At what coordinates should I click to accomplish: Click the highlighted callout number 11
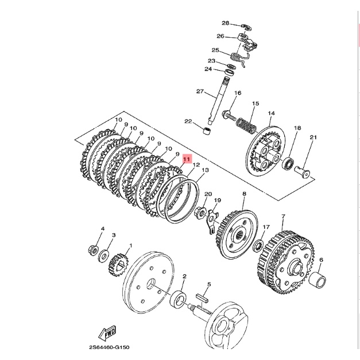187,159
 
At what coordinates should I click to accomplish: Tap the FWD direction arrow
107,333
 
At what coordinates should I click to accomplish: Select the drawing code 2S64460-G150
109,347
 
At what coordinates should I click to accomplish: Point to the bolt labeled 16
229,115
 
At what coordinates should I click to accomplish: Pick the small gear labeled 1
119,265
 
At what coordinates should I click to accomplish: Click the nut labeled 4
94,250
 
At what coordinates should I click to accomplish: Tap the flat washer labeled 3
104,256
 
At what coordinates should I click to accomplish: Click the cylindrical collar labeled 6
318,280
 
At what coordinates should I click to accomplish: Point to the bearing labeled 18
288,163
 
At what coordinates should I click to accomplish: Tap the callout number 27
200,91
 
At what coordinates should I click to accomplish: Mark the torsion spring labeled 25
240,58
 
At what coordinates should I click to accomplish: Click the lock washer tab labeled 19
211,222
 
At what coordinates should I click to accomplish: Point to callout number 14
272,114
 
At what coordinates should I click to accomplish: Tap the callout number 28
226,23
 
